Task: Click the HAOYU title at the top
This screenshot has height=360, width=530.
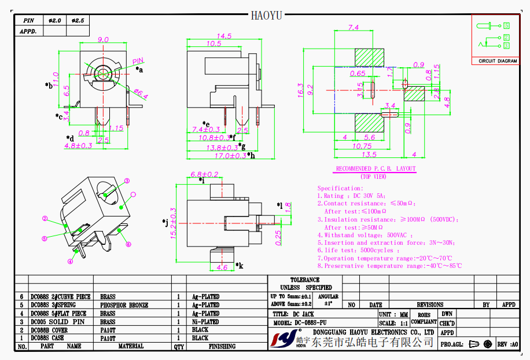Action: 266,15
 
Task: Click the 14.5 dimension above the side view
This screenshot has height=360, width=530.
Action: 224,36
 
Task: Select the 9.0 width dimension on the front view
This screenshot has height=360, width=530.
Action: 103,39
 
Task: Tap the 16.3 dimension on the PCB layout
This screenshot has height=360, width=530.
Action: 300,90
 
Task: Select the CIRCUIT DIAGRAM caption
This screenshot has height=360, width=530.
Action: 498,61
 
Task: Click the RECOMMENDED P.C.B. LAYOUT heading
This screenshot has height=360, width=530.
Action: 376,169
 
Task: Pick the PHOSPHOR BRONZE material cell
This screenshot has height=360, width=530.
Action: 124,305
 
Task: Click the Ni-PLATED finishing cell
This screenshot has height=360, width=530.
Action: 205,321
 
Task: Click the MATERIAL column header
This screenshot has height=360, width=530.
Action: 131,346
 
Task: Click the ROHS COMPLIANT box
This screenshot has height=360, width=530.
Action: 424,318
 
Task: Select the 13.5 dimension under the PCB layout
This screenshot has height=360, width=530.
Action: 369,155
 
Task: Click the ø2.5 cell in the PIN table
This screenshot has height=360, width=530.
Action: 78,20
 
